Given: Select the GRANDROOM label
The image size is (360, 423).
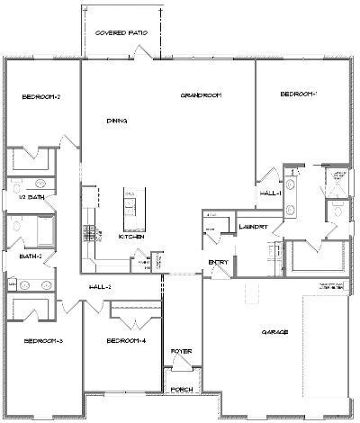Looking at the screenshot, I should pyautogui.click(x=200, y=94).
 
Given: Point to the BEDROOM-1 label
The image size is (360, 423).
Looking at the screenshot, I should pyautogui.click(x=299, y=94).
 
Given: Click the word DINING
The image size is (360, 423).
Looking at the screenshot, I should pyautogui.click(x=116, y=121).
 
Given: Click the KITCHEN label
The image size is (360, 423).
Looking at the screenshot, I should pyautogui.click(x=131, y=237).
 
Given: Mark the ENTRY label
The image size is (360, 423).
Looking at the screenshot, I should pyautogui.click(x=218, y=262).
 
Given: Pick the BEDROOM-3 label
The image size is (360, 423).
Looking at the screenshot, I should pyautogui.click(x=42, y=341).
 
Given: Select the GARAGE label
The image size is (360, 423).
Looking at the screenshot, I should pyautogui.click(x=274, y=332).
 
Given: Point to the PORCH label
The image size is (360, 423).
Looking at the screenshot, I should pyautogui.click(x=183, y=391).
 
